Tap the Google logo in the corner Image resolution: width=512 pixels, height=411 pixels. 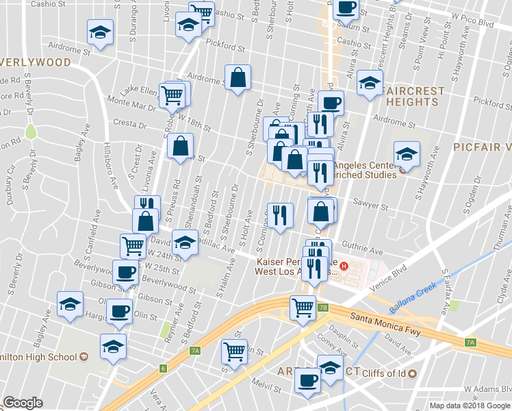coord(23,403)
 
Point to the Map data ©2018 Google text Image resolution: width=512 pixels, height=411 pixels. coord(470,406)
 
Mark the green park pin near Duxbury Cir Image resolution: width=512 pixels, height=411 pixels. coord(29,130)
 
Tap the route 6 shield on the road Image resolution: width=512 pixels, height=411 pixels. coord(164,368)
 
